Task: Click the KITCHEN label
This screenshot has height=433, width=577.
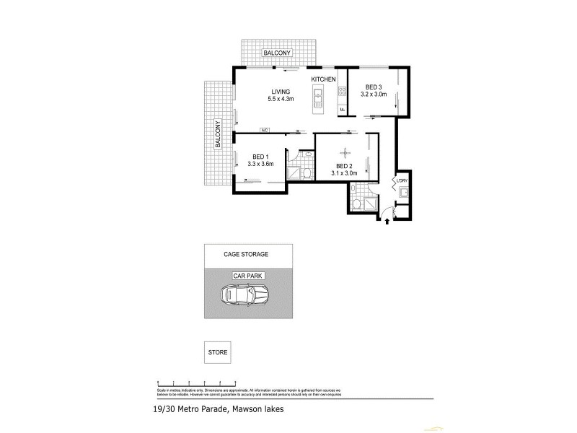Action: (324, 78)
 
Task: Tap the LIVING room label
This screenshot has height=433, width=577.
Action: (281, 92)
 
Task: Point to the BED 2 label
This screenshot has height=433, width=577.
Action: (344, 165)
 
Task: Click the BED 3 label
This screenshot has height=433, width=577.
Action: (373, 87)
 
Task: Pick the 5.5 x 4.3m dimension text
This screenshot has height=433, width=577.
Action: (281, 100)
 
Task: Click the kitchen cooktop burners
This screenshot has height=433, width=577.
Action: (343, 92)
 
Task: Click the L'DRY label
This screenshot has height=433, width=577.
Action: (401, 180)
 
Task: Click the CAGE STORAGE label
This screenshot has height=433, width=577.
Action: (247, 255)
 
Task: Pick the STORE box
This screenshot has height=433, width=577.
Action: (218, 353)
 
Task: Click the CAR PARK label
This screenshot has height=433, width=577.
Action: (247, 276)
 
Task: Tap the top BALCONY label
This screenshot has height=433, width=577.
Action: (278, 53)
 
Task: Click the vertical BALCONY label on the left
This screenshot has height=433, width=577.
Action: (216, 134)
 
